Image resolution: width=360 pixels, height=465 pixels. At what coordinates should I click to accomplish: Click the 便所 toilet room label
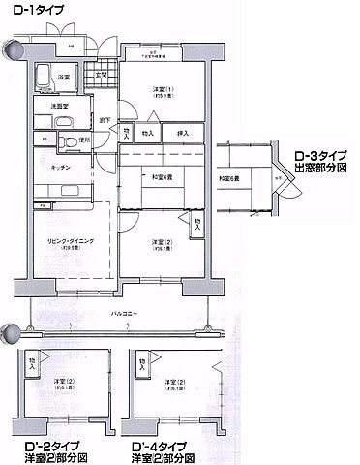click(84, 140)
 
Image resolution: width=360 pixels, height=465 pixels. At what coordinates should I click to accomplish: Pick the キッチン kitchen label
click(51, 166)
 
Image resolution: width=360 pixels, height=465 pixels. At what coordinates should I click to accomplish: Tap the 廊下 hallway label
click(102, 119)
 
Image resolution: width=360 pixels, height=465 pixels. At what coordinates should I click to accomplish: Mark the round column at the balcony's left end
click(11, 332)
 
